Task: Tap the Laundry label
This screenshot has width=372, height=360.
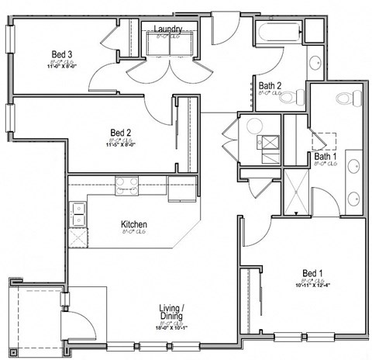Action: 168,29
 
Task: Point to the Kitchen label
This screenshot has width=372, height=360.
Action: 133,225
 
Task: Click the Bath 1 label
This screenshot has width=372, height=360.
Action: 325,157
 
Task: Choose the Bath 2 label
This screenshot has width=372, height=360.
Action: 270,85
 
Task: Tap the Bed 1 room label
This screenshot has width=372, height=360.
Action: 312,273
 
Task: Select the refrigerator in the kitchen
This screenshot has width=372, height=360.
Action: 180,188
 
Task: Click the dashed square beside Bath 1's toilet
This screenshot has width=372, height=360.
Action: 325,139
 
